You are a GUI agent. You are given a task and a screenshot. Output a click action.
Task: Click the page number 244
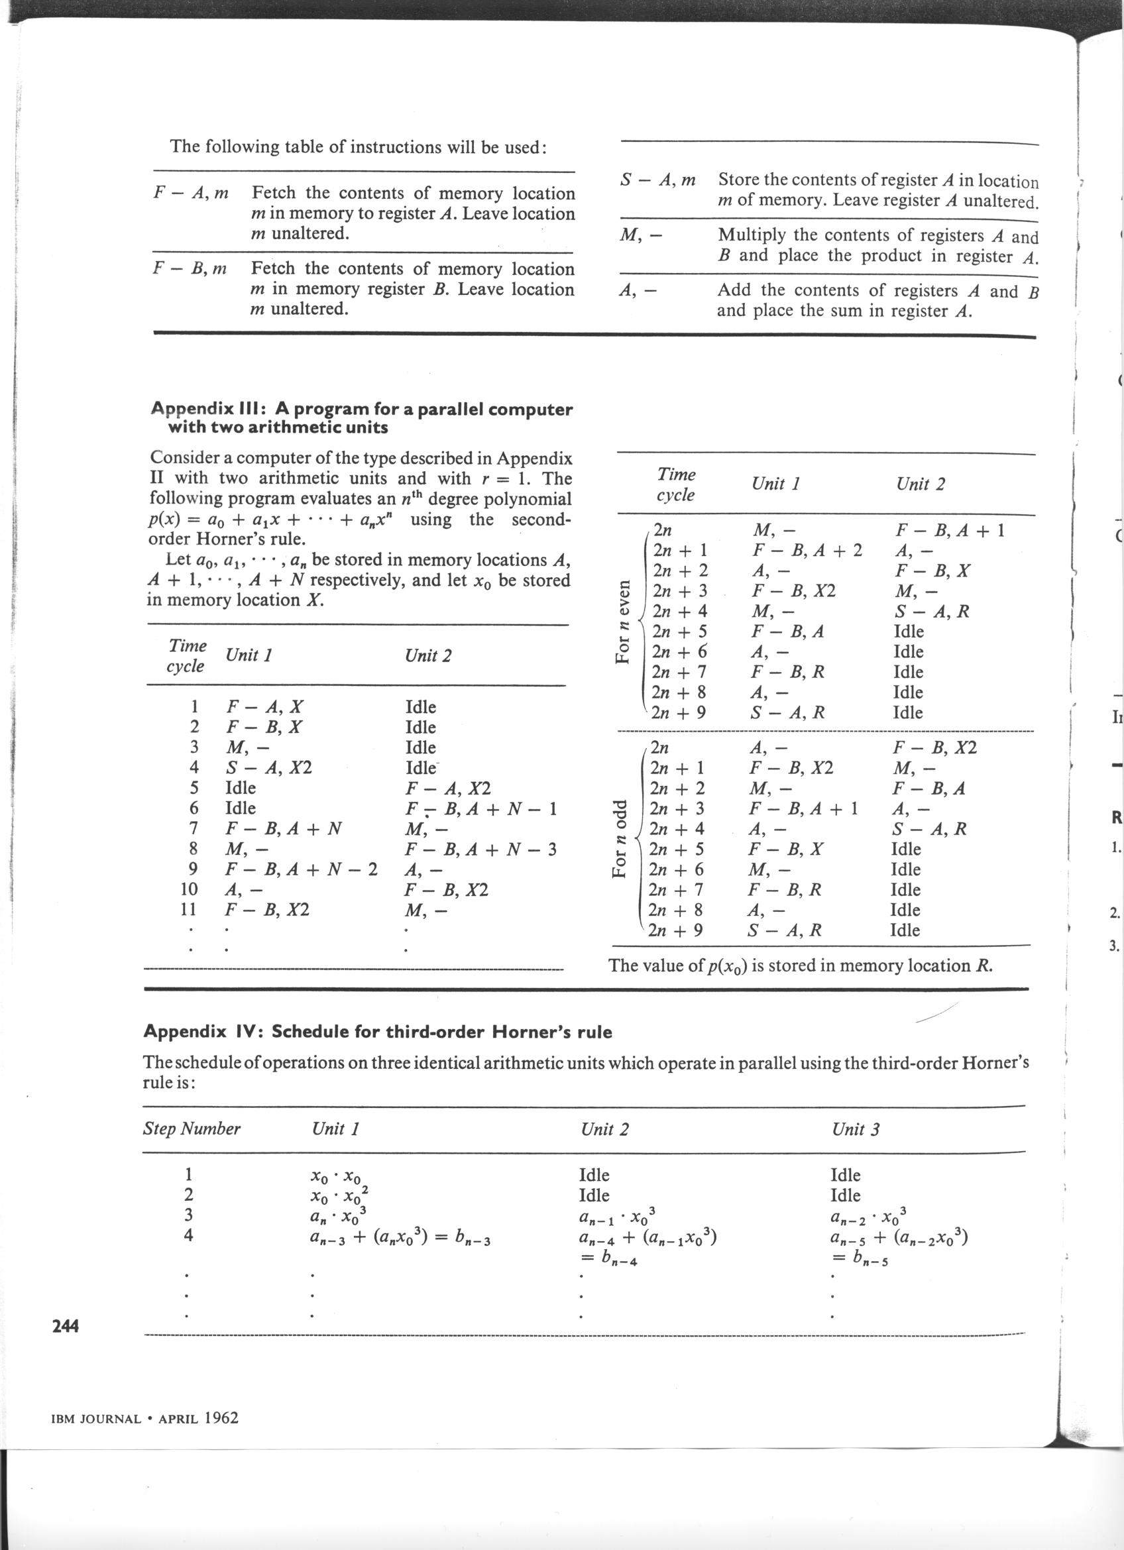point(66,1327)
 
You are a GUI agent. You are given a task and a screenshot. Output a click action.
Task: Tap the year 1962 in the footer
point(221,1417)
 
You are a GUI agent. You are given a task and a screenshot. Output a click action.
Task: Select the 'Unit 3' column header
point(856,1129)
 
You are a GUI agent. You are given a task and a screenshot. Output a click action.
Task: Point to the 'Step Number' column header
point(192,1129)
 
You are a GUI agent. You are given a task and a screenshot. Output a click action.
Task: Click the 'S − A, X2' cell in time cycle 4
point(268,767)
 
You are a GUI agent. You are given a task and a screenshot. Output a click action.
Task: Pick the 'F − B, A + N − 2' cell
point(302,869)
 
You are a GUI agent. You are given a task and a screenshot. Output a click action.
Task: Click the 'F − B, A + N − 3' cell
point(481,850)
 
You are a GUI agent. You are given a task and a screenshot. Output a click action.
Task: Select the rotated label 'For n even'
point(622,621)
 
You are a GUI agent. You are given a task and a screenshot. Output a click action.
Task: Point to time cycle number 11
point(188,910)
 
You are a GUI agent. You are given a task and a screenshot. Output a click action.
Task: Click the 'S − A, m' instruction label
point(657,180)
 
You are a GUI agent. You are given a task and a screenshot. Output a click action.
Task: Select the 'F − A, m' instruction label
point(191,194)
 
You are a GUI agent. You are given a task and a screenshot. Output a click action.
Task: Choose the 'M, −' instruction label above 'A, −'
point(640,236)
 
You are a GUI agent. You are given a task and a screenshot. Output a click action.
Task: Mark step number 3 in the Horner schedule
point(189,1215)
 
